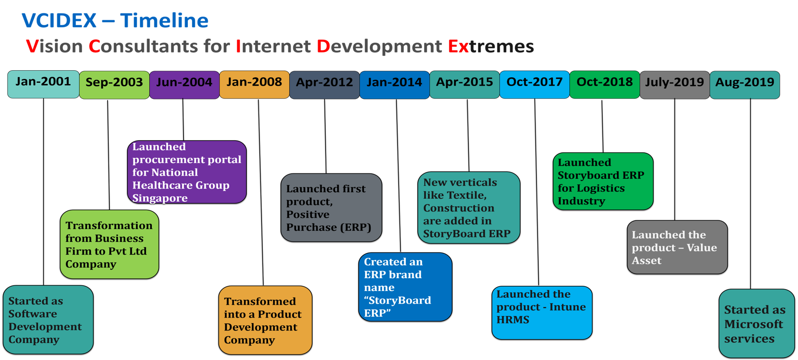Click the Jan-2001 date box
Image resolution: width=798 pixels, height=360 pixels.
pyautogui.click(x=43, y=84)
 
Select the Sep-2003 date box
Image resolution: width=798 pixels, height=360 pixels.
pyautogui.click(x=114, y=85)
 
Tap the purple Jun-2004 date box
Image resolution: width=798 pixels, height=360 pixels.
pyautogui.click(x=184, y=85)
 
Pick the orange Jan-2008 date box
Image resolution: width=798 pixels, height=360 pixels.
pyautogui.click(x=254, y=85)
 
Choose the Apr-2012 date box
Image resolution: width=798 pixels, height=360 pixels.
pyautogui.click(x=324, y=85)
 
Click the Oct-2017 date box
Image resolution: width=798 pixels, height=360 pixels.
pyautogui.click(x=534, y=85)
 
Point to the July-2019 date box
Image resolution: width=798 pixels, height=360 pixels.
pyautogui.click(x=674, y=85)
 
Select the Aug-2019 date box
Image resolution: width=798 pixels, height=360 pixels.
pyautogui.click(x=745, y=85)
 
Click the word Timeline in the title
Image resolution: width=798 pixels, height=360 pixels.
pyautogui.click(x=164, y=20)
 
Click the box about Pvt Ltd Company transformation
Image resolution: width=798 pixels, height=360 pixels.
pyautogui.click(x=109, y=244)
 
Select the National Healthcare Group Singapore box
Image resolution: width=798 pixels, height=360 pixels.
pyautogui.click(x=187, y=172)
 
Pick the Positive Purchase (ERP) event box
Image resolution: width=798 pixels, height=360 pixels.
pyautogui.click(x=331, y=208)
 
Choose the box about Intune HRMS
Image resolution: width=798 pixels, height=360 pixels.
pyautogui.click(x=542, y=312)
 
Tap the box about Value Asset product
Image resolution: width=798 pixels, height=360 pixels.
pyautogui.click(x=677, y=247)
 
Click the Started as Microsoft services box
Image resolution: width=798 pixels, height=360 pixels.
pyautogui.click(x=756, y=324)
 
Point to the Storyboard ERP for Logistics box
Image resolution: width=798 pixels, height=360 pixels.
pyautogui.click(x=603, y=181)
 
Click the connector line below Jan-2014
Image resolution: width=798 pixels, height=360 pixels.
pyautogui.click(x=398, y=175)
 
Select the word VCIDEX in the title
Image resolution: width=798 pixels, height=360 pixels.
pyautogui.click(x=59, y=20)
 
